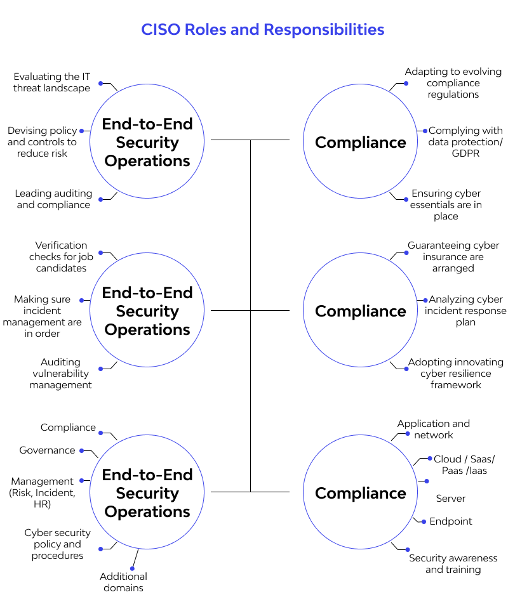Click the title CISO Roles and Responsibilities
[x=262, y=30]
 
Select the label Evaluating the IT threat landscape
[x=52, y=82]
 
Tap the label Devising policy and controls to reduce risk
[x=42, y=142]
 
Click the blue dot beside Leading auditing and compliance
[x=100, y=199]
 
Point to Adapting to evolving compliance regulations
[x=453, y=83]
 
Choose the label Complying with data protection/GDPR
[x=465, y=142]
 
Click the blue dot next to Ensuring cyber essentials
[x=406, y=199]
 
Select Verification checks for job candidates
[x=58, y=257]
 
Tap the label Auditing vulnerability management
[x=60, y=374]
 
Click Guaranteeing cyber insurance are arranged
[x=453, y=257]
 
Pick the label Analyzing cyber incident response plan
[x=465, y=311]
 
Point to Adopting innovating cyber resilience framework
[x=455, y=374]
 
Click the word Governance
[x=47, y=450]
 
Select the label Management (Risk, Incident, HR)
[x=42, y=493]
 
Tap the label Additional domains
[x=124, y=582]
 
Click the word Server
[x=451, y=499]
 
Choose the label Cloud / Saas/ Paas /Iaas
[x=464, y=465]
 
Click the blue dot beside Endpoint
[x=423, y=521]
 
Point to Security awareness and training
[x=453, y=564]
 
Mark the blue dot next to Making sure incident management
[x=82, y=299]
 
